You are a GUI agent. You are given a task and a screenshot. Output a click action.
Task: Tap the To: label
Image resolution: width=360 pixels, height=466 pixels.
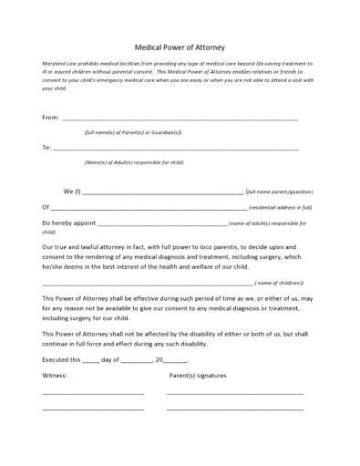tap(46, 147)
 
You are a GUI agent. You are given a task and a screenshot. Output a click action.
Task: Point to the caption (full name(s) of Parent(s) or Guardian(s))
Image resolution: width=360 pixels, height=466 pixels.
tap(133, 133)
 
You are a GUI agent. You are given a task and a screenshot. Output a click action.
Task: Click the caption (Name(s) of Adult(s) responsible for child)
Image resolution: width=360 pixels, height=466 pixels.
tap(133, 162)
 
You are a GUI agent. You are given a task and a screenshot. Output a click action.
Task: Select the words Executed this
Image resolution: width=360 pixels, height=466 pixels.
tap(61, 359)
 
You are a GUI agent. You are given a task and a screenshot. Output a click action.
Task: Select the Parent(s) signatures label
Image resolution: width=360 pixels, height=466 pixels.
tap(199, 376)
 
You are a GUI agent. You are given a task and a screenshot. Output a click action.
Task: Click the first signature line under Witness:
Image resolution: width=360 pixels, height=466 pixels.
tap(92, 394)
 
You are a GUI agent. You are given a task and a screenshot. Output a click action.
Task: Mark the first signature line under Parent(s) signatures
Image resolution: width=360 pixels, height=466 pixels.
tap(234, 394)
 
